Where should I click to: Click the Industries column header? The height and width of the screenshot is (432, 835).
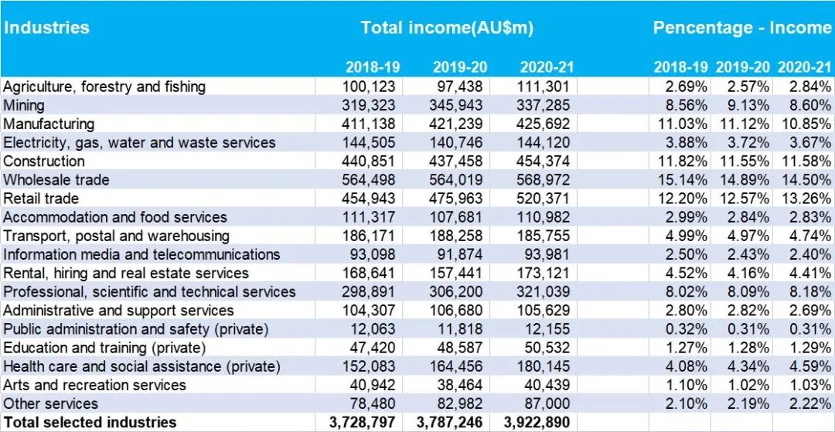point(46,28)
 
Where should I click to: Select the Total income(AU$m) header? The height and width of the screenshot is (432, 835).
point(447,28)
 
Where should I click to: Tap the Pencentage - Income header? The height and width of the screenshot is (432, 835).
point(741,28)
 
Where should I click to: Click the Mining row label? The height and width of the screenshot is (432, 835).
point(24,105)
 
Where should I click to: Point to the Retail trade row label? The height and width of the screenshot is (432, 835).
point(41,199)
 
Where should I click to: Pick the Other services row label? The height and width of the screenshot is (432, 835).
point(51,403)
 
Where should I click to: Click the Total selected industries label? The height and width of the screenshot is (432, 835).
point(90,422)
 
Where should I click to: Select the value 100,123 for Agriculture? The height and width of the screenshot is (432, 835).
point(369,87)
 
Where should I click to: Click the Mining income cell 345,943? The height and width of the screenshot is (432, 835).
point(456,105)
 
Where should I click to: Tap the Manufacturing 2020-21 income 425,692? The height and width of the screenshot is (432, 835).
point(544,124)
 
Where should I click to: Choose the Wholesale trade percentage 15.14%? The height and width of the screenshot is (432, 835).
point(681,180)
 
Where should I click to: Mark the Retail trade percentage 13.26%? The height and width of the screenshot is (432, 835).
point(805,199)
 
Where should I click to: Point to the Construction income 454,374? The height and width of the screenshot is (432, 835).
point(544,162)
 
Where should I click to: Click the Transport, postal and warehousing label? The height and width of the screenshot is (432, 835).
point(116,236)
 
